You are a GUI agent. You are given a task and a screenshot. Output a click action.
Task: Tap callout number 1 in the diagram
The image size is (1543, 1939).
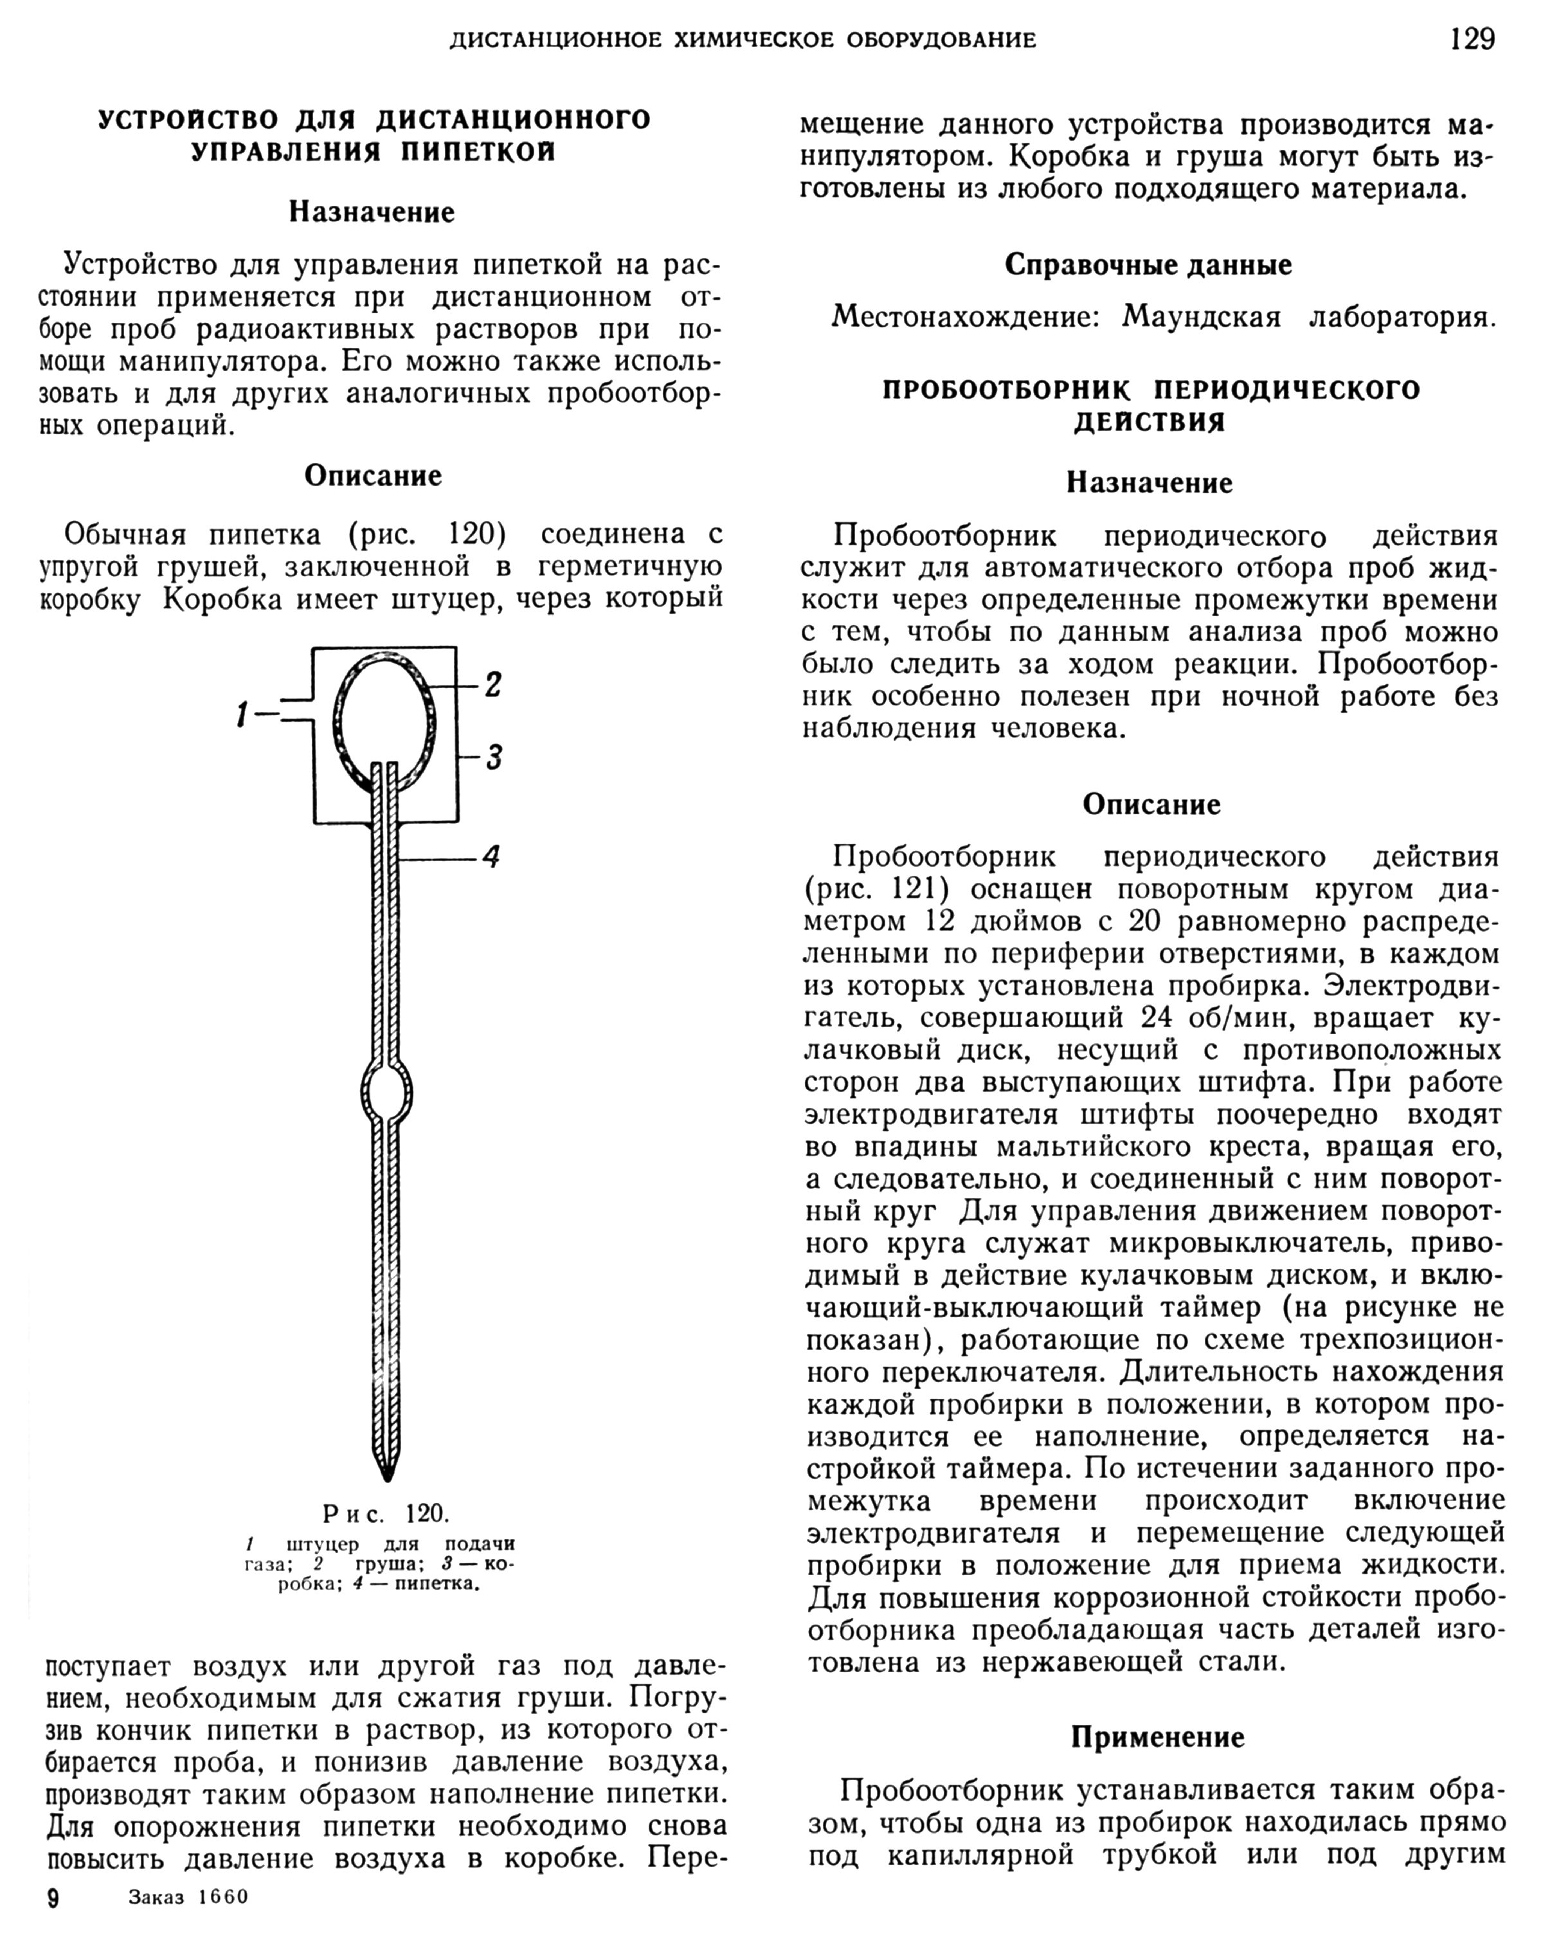[x=241, y=715]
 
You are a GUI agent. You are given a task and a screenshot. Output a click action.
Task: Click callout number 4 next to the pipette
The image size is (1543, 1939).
[x=491, y=855]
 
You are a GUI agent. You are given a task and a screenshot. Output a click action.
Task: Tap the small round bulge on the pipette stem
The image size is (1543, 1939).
[x=386, y=1095]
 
